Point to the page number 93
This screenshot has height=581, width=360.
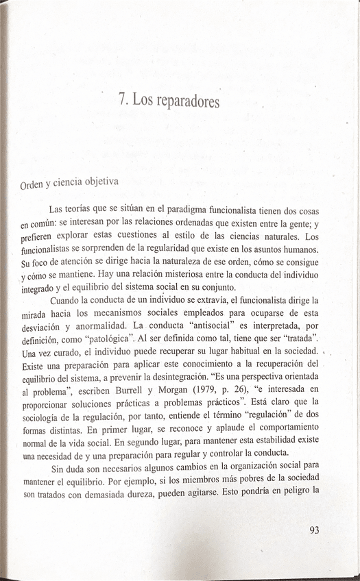click(x=315, y=529)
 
